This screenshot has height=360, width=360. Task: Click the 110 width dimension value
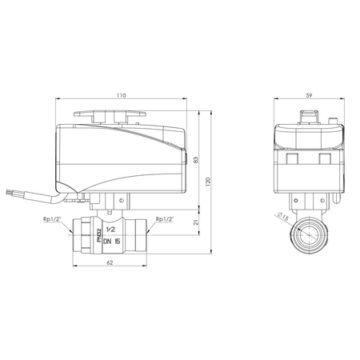(120, 95)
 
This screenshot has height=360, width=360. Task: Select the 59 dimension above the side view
(310, 95)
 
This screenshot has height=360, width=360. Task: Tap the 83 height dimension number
(196, 160)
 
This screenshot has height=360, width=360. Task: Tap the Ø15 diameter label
(282, 215)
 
